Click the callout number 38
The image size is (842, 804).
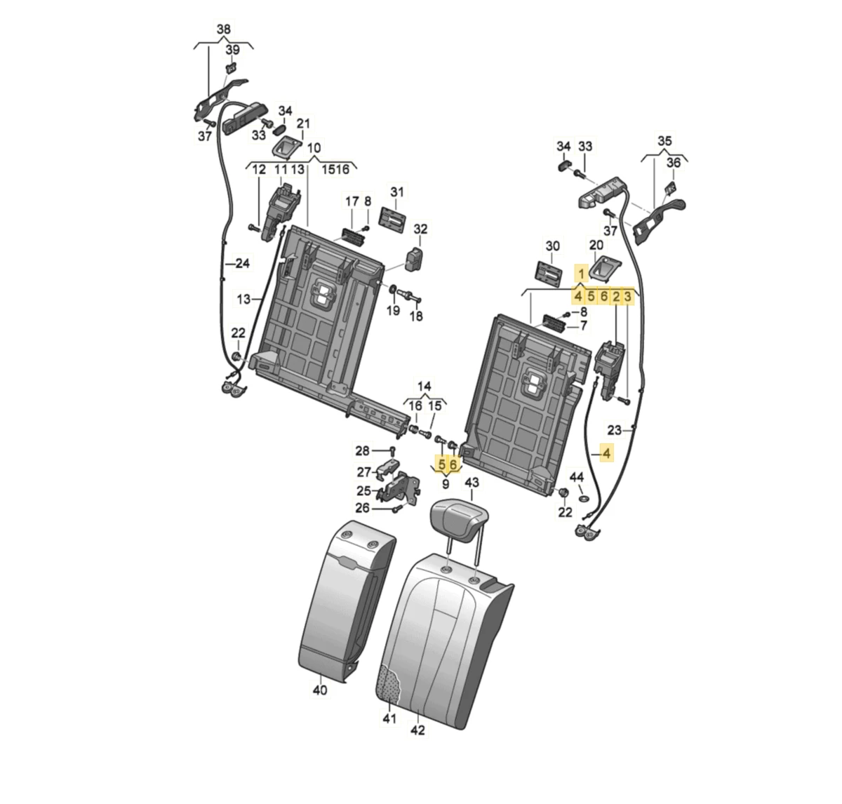coord(222,29)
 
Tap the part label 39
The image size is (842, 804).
coord(232,50)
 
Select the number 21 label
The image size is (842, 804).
coord(303,124)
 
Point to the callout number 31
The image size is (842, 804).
coord(398,192)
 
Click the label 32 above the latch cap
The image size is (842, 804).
coord(420,229)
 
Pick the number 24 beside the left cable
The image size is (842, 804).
coord(242,264)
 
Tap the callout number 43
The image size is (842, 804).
coord(472,483)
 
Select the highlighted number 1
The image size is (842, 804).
coord(582,274)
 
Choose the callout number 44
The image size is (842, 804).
coord(577,477)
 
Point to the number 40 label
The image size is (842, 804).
coord(319,690)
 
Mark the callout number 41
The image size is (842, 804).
coord(390,718)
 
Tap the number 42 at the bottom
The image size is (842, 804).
coord(418,731)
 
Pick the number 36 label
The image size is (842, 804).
coord(674,163)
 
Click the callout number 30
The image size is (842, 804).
coord(553,246)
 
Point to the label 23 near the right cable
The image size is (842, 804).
coord(615,430)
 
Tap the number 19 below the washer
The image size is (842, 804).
coord(393,310)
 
